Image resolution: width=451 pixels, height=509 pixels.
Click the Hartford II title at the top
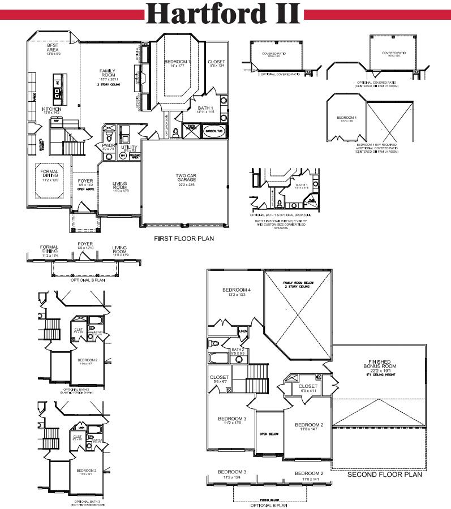[225, 14]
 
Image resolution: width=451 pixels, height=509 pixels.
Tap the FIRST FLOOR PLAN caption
[184, 239]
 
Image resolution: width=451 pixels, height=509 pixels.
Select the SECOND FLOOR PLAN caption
[384, 475]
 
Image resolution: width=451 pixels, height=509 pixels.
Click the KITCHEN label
[51, 109]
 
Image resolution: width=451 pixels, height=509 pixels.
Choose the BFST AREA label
[53, 48]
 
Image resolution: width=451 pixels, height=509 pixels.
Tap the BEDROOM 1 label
[178, 61]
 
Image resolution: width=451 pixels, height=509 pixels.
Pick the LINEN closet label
[243, 331]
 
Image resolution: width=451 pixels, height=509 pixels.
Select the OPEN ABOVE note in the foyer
[85, 189]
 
